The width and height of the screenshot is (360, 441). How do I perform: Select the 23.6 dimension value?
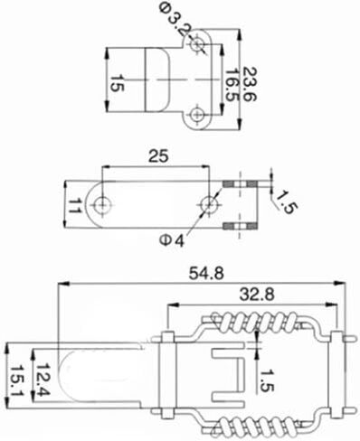point(250,84)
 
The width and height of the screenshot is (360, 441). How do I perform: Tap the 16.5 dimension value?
point(232,86)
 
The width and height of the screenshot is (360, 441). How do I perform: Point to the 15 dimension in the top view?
point(117,83)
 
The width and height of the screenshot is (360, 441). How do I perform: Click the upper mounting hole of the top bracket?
point(197,44)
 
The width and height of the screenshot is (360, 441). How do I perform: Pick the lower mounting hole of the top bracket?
point(197,115)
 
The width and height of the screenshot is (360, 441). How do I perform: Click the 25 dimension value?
point(158,156)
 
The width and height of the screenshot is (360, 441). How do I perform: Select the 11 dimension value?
point(74,206)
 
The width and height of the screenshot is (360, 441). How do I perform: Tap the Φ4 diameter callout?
point(172,240)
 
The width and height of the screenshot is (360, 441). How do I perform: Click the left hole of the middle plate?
point(102,205)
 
